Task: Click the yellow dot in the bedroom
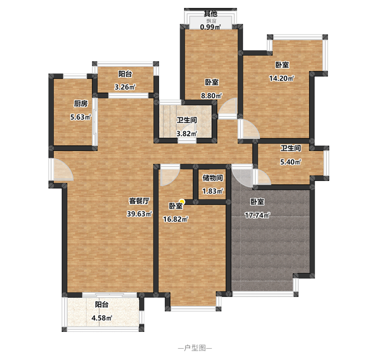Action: click(182, 202)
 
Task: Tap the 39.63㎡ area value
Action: click(139, 214)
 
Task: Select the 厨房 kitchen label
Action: click(80, 104)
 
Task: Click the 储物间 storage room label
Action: click(212, 178)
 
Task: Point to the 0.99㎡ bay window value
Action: click(210, 27)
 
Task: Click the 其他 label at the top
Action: click(210, 13)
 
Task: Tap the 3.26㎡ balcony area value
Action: click(125, 87)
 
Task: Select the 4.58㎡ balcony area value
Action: click(102, 318)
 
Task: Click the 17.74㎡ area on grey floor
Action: click(257, 215)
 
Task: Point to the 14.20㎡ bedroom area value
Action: click(281, 78)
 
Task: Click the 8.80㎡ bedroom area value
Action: click(211, 96)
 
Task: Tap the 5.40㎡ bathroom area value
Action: click(290, 162)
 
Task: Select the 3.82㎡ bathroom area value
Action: click(187, 134)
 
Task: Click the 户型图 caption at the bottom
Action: click(195, 348)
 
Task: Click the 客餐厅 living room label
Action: click(139, 201)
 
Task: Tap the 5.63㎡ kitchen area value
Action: click(80, 117)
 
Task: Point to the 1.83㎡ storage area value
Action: click(212, 191)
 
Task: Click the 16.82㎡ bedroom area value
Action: click(175, 219)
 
